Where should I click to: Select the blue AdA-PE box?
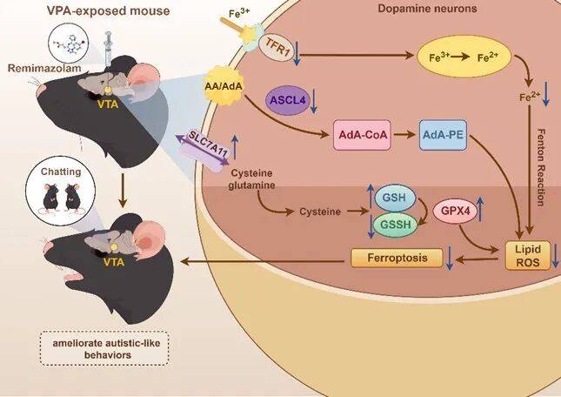click(445, 136)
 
